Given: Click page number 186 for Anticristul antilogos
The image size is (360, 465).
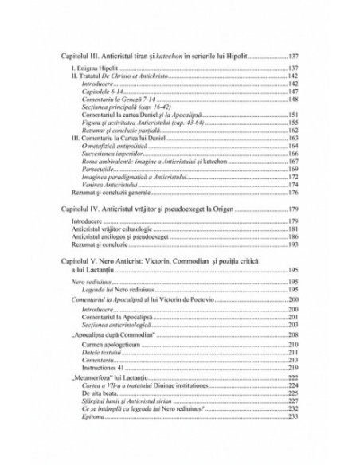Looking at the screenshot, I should coord(294,236).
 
